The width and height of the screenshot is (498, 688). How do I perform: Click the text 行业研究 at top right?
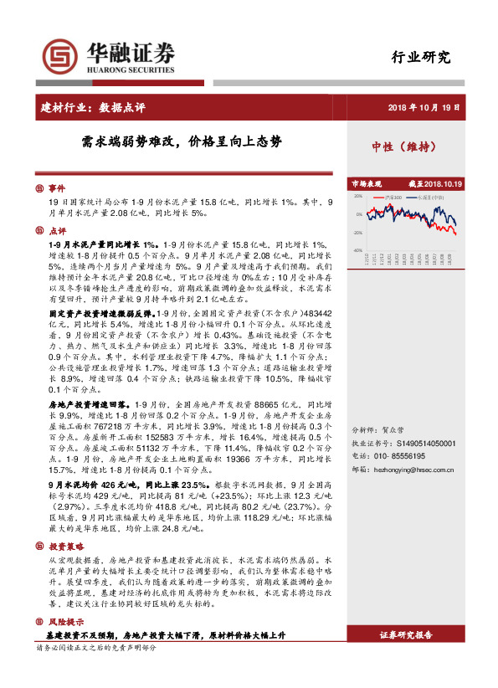click(421, 58)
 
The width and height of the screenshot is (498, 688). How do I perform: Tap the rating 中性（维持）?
click(405, 146)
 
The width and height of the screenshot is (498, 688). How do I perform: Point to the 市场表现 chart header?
click(366, 184)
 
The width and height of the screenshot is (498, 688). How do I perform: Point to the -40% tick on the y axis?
click(357, 249)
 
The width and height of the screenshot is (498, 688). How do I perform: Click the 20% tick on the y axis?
click(358, 198)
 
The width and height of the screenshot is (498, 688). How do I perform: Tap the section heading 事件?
click(57, 189)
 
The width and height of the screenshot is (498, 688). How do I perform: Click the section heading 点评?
click(57, 231)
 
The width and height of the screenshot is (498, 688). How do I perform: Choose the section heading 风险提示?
click(66, 622)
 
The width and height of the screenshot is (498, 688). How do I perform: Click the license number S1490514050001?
click(426, 444)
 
